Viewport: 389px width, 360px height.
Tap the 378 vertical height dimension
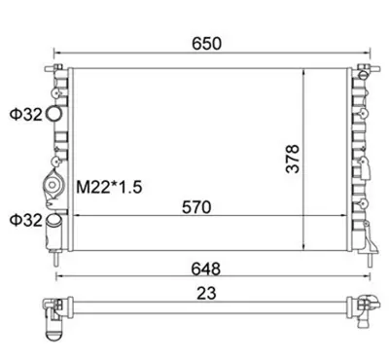(293, 155)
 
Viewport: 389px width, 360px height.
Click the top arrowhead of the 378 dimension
(308, 74)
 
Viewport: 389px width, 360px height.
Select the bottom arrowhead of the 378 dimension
(308, 247)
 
